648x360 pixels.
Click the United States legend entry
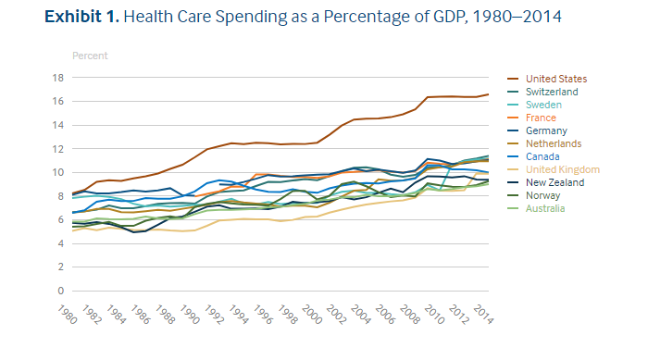pyautogui.click(x=556, y=79)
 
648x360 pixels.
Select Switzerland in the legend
pyautogui.click(x=552, y=93)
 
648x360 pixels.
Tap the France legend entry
pyautogui.click(x=541, y=118)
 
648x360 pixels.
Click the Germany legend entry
pyautogui.click(x=546, y=131)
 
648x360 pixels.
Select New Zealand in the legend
pyautogui.click(x=555, y=183)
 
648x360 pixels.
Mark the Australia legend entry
pyautogui.click(x=546, y=209)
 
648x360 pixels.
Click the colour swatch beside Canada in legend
pyautogui.click(x=514, y=157)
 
